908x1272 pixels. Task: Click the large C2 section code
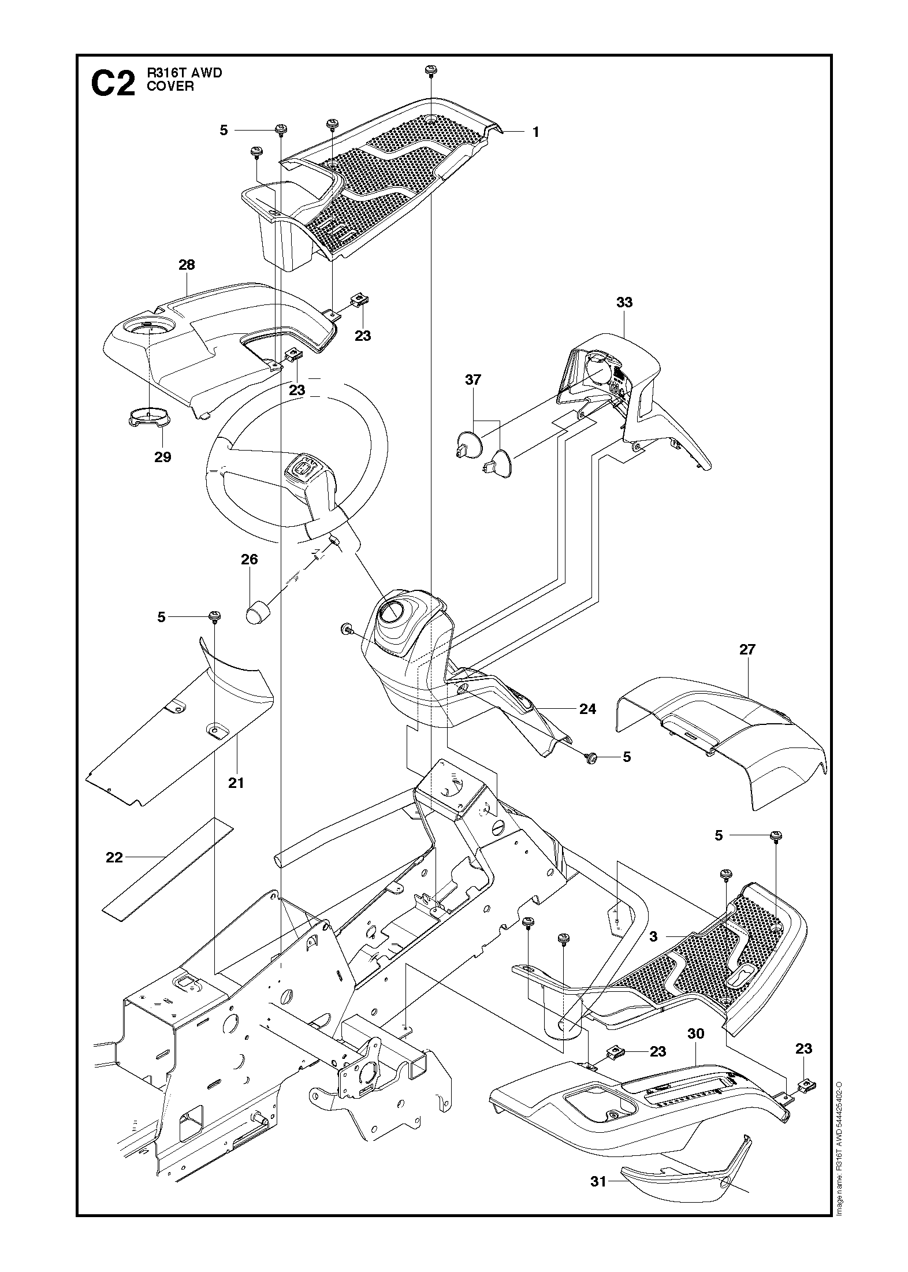click(x=113, y=84)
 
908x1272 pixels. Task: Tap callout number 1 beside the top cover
click(x=535, y=132)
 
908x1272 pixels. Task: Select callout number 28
click(x=187, y=265)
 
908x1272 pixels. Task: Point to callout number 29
click(x=163, y=457)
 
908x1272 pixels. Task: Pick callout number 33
click(x=624, y=302)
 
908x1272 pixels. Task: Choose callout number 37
click(x=473, y=380)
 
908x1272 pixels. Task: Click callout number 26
click(x=250, y=559)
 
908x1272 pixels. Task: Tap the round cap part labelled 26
click(x=259, y=612)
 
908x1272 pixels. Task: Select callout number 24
click(x=587, y=709)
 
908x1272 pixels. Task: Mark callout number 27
click(x=747, y=649)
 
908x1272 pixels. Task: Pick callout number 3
click(x=653, y=937)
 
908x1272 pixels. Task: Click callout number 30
click(x=696, y=1033)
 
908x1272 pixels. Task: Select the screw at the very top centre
click(x=430, y=71)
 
